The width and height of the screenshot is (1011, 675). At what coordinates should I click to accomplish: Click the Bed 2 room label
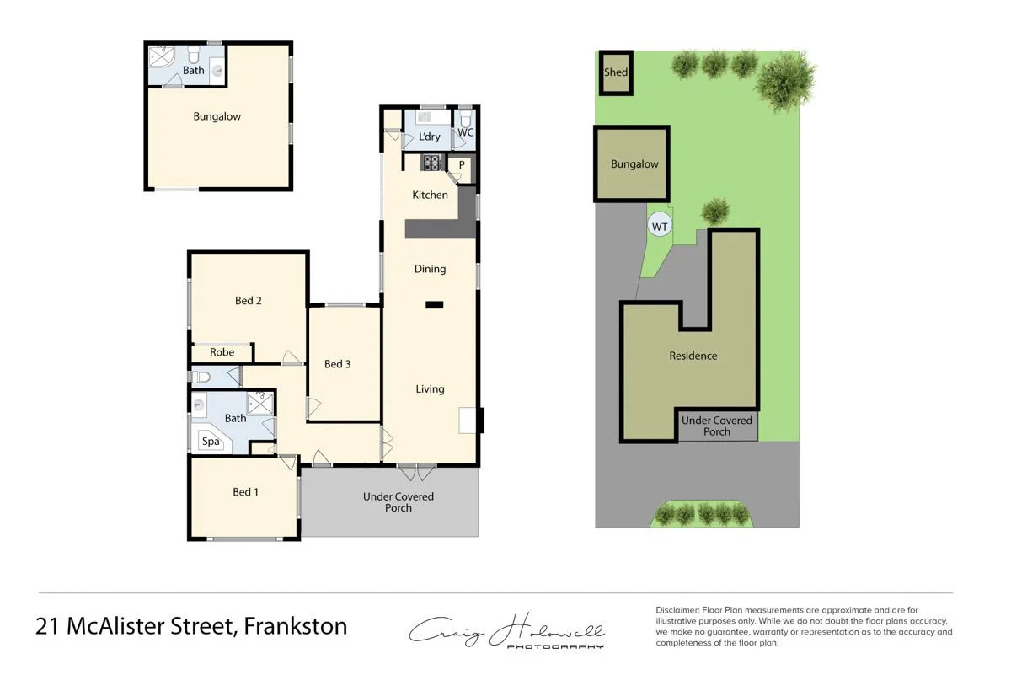click(248, 301)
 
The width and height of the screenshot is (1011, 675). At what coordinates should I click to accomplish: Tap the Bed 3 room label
click(337, 364)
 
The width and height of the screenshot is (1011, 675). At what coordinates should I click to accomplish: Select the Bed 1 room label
click(244, 492)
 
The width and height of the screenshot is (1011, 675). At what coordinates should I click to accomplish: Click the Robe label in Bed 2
click(222, 353)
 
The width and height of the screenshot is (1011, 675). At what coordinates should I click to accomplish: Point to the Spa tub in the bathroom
click(210, 441)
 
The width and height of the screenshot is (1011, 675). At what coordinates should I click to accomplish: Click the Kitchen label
click(430, 196)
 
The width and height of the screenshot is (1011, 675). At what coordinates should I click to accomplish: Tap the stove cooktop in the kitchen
click(431, 163)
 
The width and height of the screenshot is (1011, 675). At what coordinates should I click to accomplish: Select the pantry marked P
click(462, 165)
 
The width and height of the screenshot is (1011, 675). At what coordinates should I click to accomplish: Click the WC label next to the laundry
click(466, 133)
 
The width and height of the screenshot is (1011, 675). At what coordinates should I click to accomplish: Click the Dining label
click(430, 270)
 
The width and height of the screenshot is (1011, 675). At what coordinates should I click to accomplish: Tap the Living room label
click(430, 389)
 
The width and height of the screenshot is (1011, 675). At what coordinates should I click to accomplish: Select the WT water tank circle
click(660, 227)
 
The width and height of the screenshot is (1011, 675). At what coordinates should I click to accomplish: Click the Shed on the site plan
click(616, 72)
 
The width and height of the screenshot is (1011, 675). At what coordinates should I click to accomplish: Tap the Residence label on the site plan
click(693, 356)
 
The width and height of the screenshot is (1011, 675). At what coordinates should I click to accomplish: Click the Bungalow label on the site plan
click(634, 164)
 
